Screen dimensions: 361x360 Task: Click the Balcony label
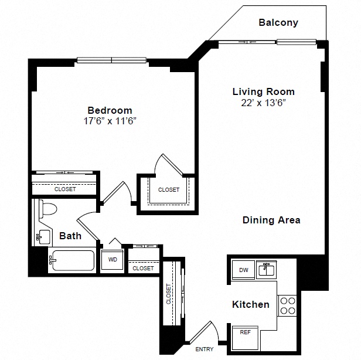tap(278, 22)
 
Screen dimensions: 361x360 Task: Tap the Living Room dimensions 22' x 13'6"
tap(263, 103)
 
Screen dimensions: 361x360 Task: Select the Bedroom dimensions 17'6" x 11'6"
tap(110, 121)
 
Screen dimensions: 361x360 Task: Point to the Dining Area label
tap(271, 220)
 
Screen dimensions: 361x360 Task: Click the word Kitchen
tap(251, 304)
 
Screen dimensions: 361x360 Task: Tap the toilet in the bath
tap(47, 209)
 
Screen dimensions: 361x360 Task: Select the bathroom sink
tap(43, 237)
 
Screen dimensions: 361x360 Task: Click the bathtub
tap(72, 260)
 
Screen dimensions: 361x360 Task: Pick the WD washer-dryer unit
tap(113, 260)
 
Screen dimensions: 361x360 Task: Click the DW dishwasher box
tap(243, 270)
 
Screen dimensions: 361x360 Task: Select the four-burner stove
tap(288, 305)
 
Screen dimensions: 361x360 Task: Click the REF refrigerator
tap(245, 338)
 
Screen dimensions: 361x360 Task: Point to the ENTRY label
tap(204, 349)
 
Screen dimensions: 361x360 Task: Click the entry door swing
tap(203, 332)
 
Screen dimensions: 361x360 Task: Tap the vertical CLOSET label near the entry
tap(169, 294)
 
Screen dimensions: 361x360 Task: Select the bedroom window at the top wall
tap(112, 60)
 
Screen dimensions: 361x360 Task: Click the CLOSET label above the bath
tap(65, 189)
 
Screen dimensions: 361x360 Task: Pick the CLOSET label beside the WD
tap(143, 268)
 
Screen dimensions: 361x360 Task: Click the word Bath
tap(70, 236)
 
